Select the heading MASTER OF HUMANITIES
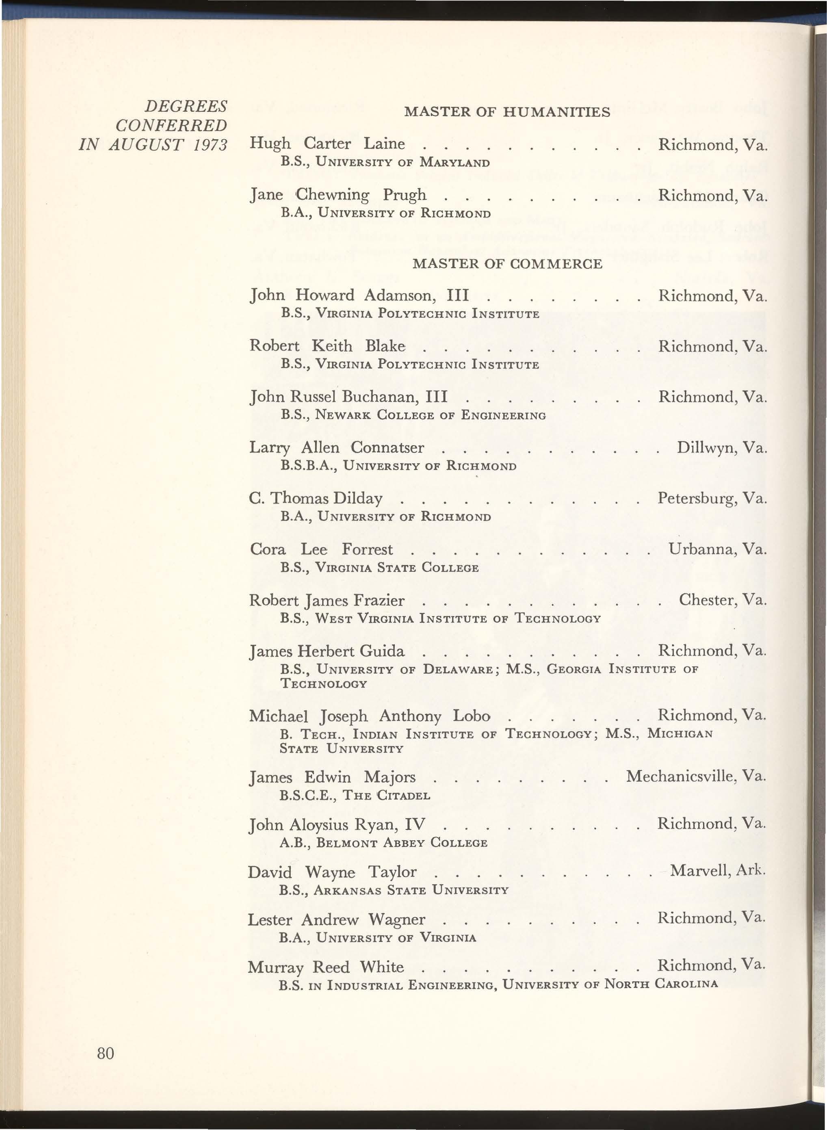[x=507, y=112]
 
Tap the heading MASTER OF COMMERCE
[x=507, y=264]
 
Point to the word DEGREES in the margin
[x=186, y=106]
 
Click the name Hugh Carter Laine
[x=327, y=144]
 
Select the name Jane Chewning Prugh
[x=338, y=195]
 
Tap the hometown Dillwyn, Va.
[x=721, y=448]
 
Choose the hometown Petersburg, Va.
[x=712, y=498]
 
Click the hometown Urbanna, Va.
[x=717, y=549]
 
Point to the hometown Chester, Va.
[x=722, y=600]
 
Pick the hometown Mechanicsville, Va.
[x=696, y=776]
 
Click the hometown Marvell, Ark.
[x=717, y=871]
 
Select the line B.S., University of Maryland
[x=385, y=163]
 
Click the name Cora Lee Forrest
[x=321, y=550]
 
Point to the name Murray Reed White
[x=325, y=967]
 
